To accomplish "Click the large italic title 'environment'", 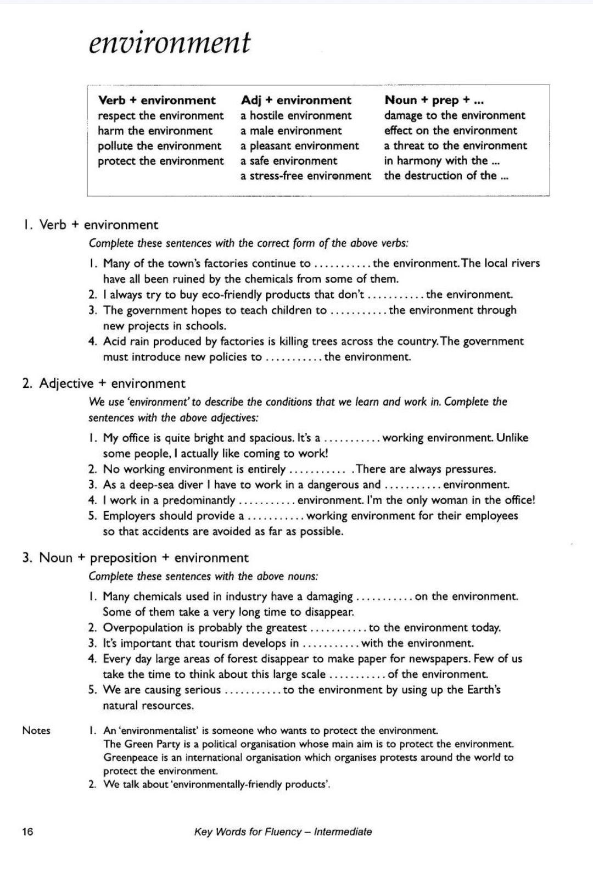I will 169,43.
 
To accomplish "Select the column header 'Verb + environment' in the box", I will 156,101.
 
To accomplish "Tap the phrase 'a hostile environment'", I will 296,116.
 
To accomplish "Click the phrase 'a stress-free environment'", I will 306,176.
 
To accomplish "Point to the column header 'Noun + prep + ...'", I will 434,100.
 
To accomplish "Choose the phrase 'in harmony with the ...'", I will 441,161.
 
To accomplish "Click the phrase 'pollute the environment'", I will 159,146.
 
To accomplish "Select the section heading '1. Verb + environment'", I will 91,225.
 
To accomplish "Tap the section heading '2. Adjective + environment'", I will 104,383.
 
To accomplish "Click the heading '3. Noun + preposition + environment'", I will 136,558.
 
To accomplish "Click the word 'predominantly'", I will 199,500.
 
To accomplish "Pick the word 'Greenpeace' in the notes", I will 130,757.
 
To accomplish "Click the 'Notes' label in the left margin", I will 36,730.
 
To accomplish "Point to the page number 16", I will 27,832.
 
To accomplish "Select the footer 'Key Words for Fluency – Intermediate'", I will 283,832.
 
